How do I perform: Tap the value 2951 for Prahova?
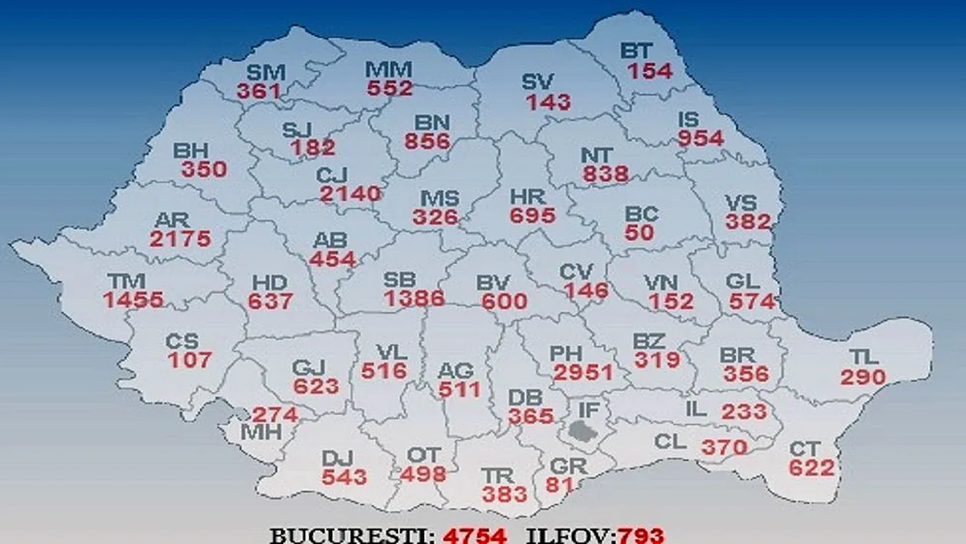tap(583, 372)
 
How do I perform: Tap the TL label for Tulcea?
tap(863, 357)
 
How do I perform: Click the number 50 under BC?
tap(639, 232)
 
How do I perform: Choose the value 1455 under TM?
tap(134, 300)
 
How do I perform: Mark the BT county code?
tap(636, 51)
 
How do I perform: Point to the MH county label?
tap(261, 432)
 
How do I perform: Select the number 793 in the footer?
tap(620, 535)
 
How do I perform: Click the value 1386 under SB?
tap(415, 298)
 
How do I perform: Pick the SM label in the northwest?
tap(265, 73)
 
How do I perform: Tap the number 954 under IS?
tap(700, 138)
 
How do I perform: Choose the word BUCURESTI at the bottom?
tap(352, 535)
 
